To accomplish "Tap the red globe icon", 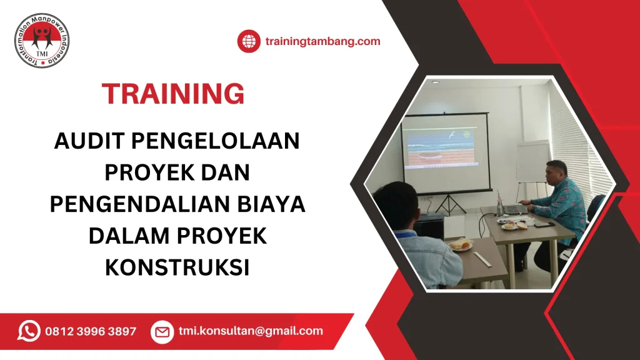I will pyautogui.click(x=248, y=42).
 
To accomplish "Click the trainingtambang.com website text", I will pyautogui.click(x=322, y=42).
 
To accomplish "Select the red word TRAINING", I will pyautogui.click(x=173, y=94).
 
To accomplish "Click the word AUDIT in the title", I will pyautogui.click(x=87, y=142).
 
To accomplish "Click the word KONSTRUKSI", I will pyautogui.click(x=177, y=267).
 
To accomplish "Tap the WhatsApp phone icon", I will pyautogui.click(x=29, y=331).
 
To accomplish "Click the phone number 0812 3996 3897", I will pyautogui.click(x=91, y=332).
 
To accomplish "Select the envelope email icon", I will pyautogui.click(x=162, y=332).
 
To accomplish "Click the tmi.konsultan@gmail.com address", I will pyautogui.click(x=251, y=331).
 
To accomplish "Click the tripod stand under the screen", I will pyautogui.click(x=449, y=204).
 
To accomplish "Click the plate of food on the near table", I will pyautogui.click(x=461, y=245).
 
